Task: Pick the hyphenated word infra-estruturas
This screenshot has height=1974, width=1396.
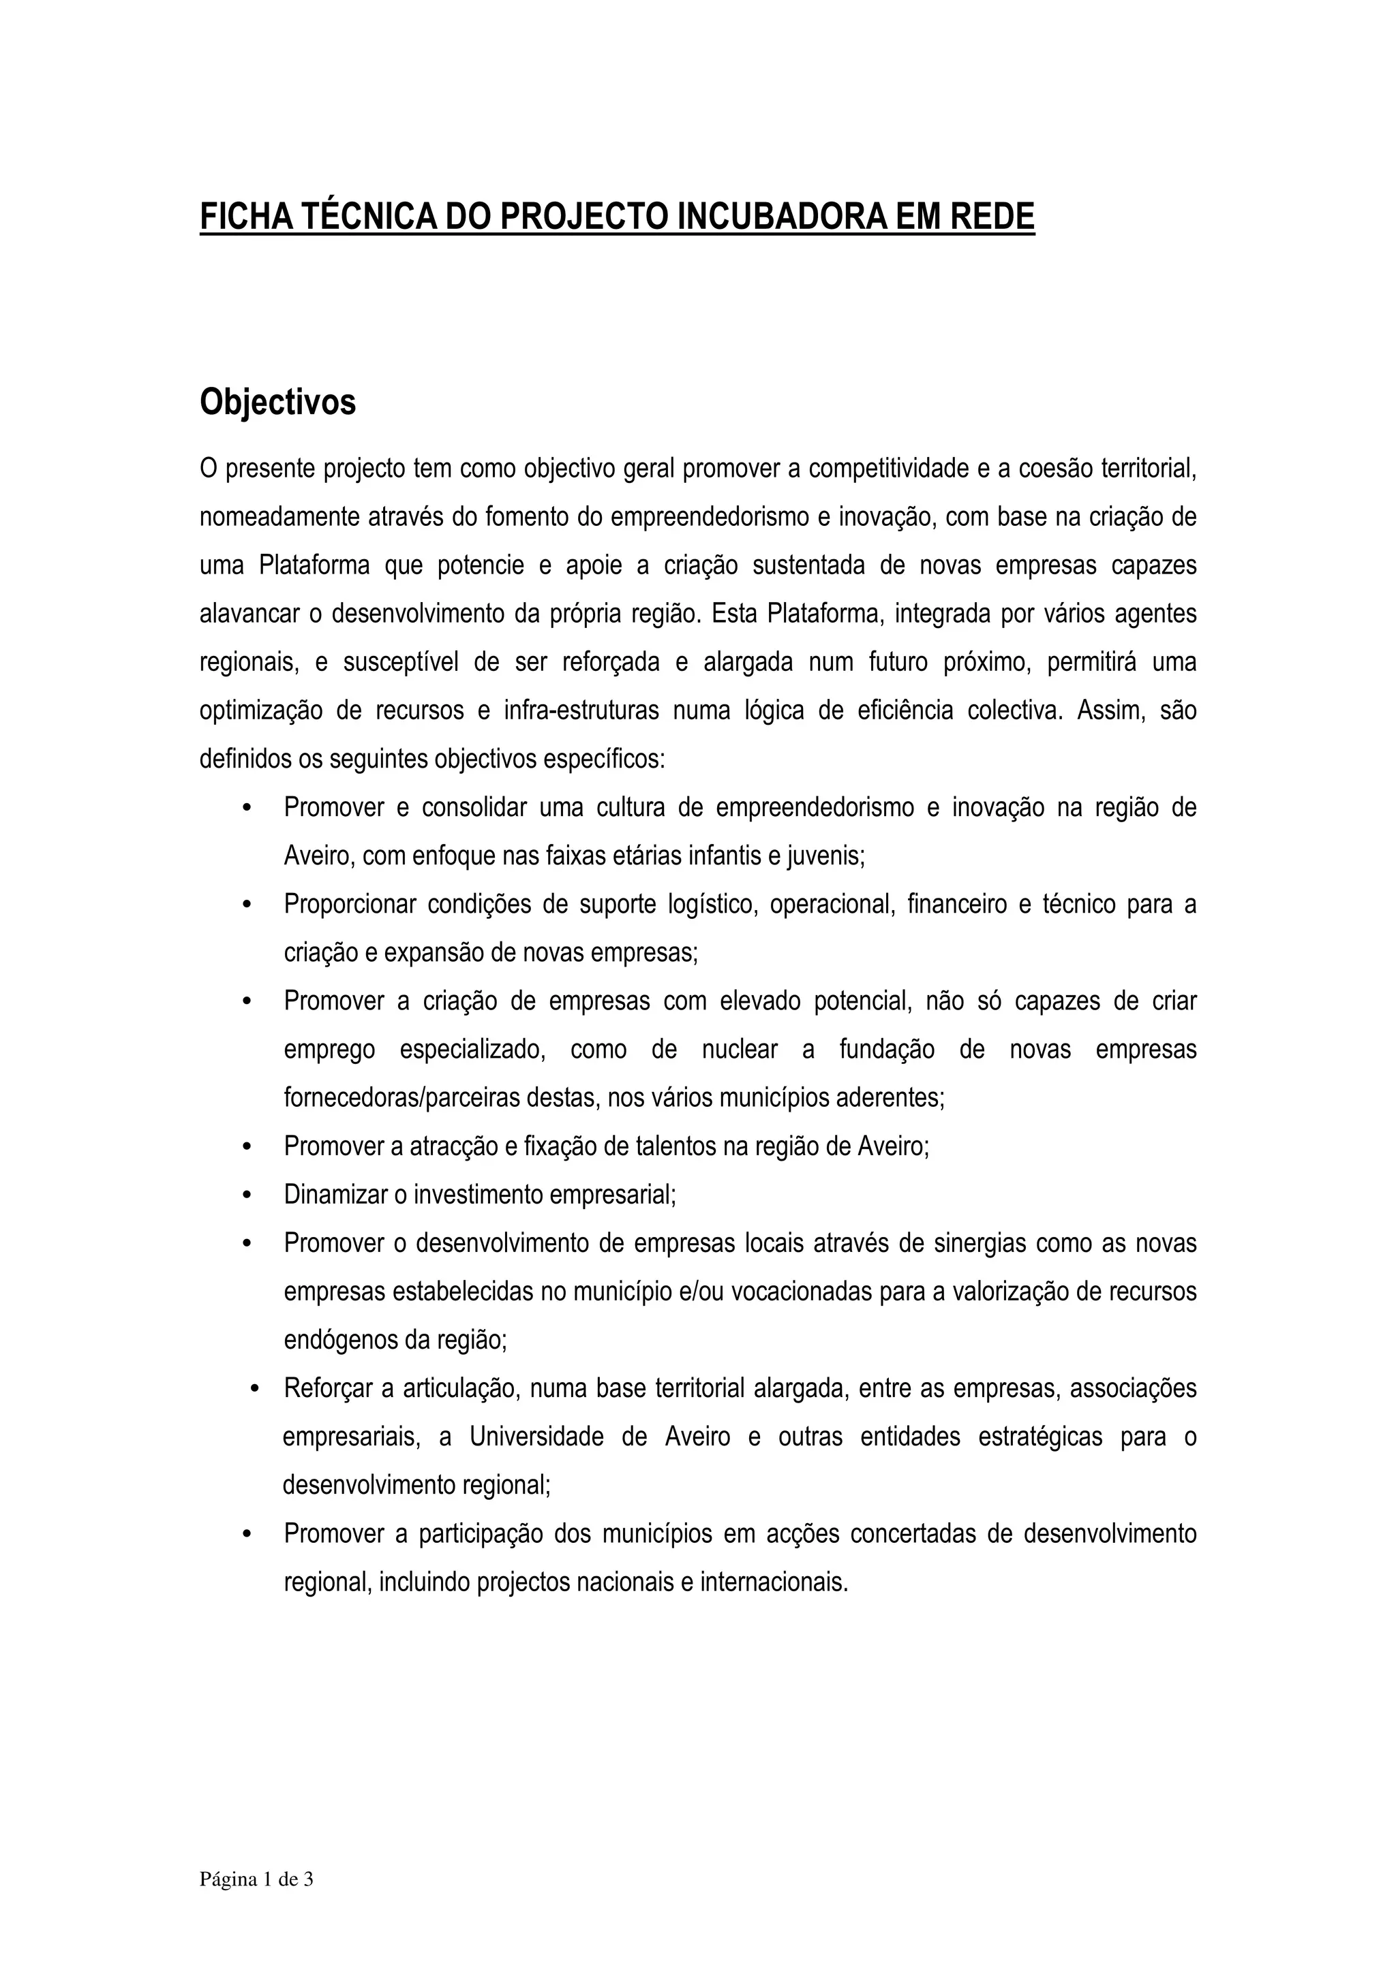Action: click(581, 711)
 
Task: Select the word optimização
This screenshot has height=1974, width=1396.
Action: click(259, 711)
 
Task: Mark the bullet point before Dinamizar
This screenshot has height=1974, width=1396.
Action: click(247, 1195)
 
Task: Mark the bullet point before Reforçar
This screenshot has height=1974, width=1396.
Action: click(255, 1388)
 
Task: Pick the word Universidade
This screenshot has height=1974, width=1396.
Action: click(536, 1437)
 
